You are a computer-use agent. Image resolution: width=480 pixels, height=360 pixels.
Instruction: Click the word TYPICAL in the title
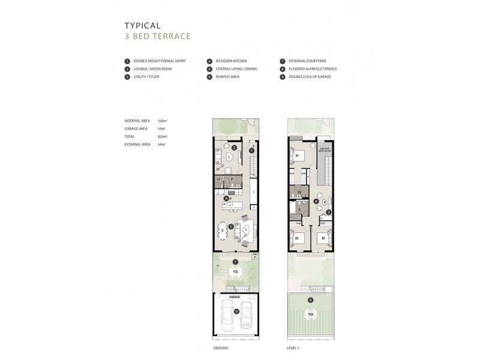point(142,26)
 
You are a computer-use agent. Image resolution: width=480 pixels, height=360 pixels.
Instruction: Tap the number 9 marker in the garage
point(236,311)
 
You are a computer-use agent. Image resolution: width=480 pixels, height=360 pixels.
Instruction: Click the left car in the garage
point(227,315)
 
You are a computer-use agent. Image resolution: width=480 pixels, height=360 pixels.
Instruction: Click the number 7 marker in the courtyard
point(236,262)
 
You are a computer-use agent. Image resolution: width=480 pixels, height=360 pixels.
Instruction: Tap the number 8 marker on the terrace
point(310,300)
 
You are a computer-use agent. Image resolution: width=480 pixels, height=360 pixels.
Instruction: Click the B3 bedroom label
point(296,238)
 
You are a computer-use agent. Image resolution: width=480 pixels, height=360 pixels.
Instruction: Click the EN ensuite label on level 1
point(298,192)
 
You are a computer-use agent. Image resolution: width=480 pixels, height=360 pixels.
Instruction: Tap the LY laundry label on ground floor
point(218,179)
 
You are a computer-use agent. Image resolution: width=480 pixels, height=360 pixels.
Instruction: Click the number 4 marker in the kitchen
point(225,198)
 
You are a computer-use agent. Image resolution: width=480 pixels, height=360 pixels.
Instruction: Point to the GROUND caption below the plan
point(220,347)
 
